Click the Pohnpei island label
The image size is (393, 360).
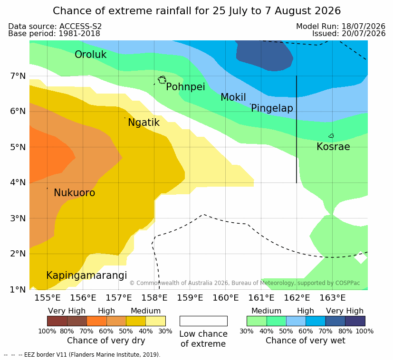[x=185, y=87]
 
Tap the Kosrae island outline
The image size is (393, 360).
[x=331, y=136]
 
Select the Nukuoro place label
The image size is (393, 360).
[x=75, y=193]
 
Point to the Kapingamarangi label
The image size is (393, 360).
[x=86, y=275]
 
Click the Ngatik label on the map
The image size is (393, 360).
[x=144, y=123]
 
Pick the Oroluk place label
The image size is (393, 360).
[x=90, y=54]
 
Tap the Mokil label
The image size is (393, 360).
[x=233, y=97]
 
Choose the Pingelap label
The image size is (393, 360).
[x=272, y=108]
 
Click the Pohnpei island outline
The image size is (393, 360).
[x=162, y=80]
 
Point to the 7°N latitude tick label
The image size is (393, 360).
[x=18, y=76]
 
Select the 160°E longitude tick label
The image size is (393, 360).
[x=226, y=298]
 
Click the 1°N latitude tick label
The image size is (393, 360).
[x=18, y=290]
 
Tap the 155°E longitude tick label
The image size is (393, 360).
[x=48, y=298]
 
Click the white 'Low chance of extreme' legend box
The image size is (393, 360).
[x=203, y=321]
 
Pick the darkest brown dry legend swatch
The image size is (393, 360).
[x=57, y=321]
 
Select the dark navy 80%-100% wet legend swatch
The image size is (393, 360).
[x=355, y=321]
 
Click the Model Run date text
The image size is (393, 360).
[x=341, y=26]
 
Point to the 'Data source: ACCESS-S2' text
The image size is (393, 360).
[x=55, y=26]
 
